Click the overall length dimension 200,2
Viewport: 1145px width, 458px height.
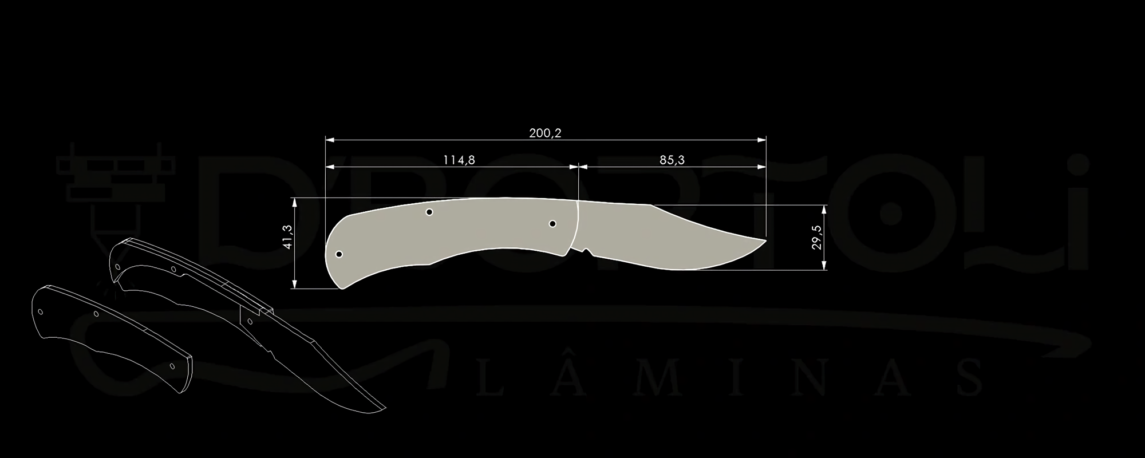(545, 133)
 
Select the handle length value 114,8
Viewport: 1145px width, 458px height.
(459, 160)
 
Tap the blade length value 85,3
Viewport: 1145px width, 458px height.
(672, 160)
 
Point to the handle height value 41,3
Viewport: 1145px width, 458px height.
(287, 236)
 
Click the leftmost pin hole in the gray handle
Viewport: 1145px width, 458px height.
(339, 254)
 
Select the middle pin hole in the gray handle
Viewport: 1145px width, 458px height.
(429, 212)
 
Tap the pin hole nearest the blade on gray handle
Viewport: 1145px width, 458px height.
(552, 224)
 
